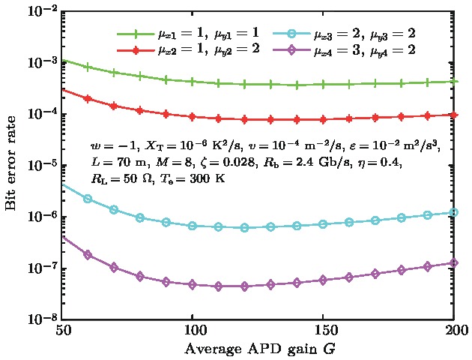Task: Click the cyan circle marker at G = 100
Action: coord(193,226)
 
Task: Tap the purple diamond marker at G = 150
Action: coord(323,280)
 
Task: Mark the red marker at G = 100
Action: coord(193,117)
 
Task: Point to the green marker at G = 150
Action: coord(323,85)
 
